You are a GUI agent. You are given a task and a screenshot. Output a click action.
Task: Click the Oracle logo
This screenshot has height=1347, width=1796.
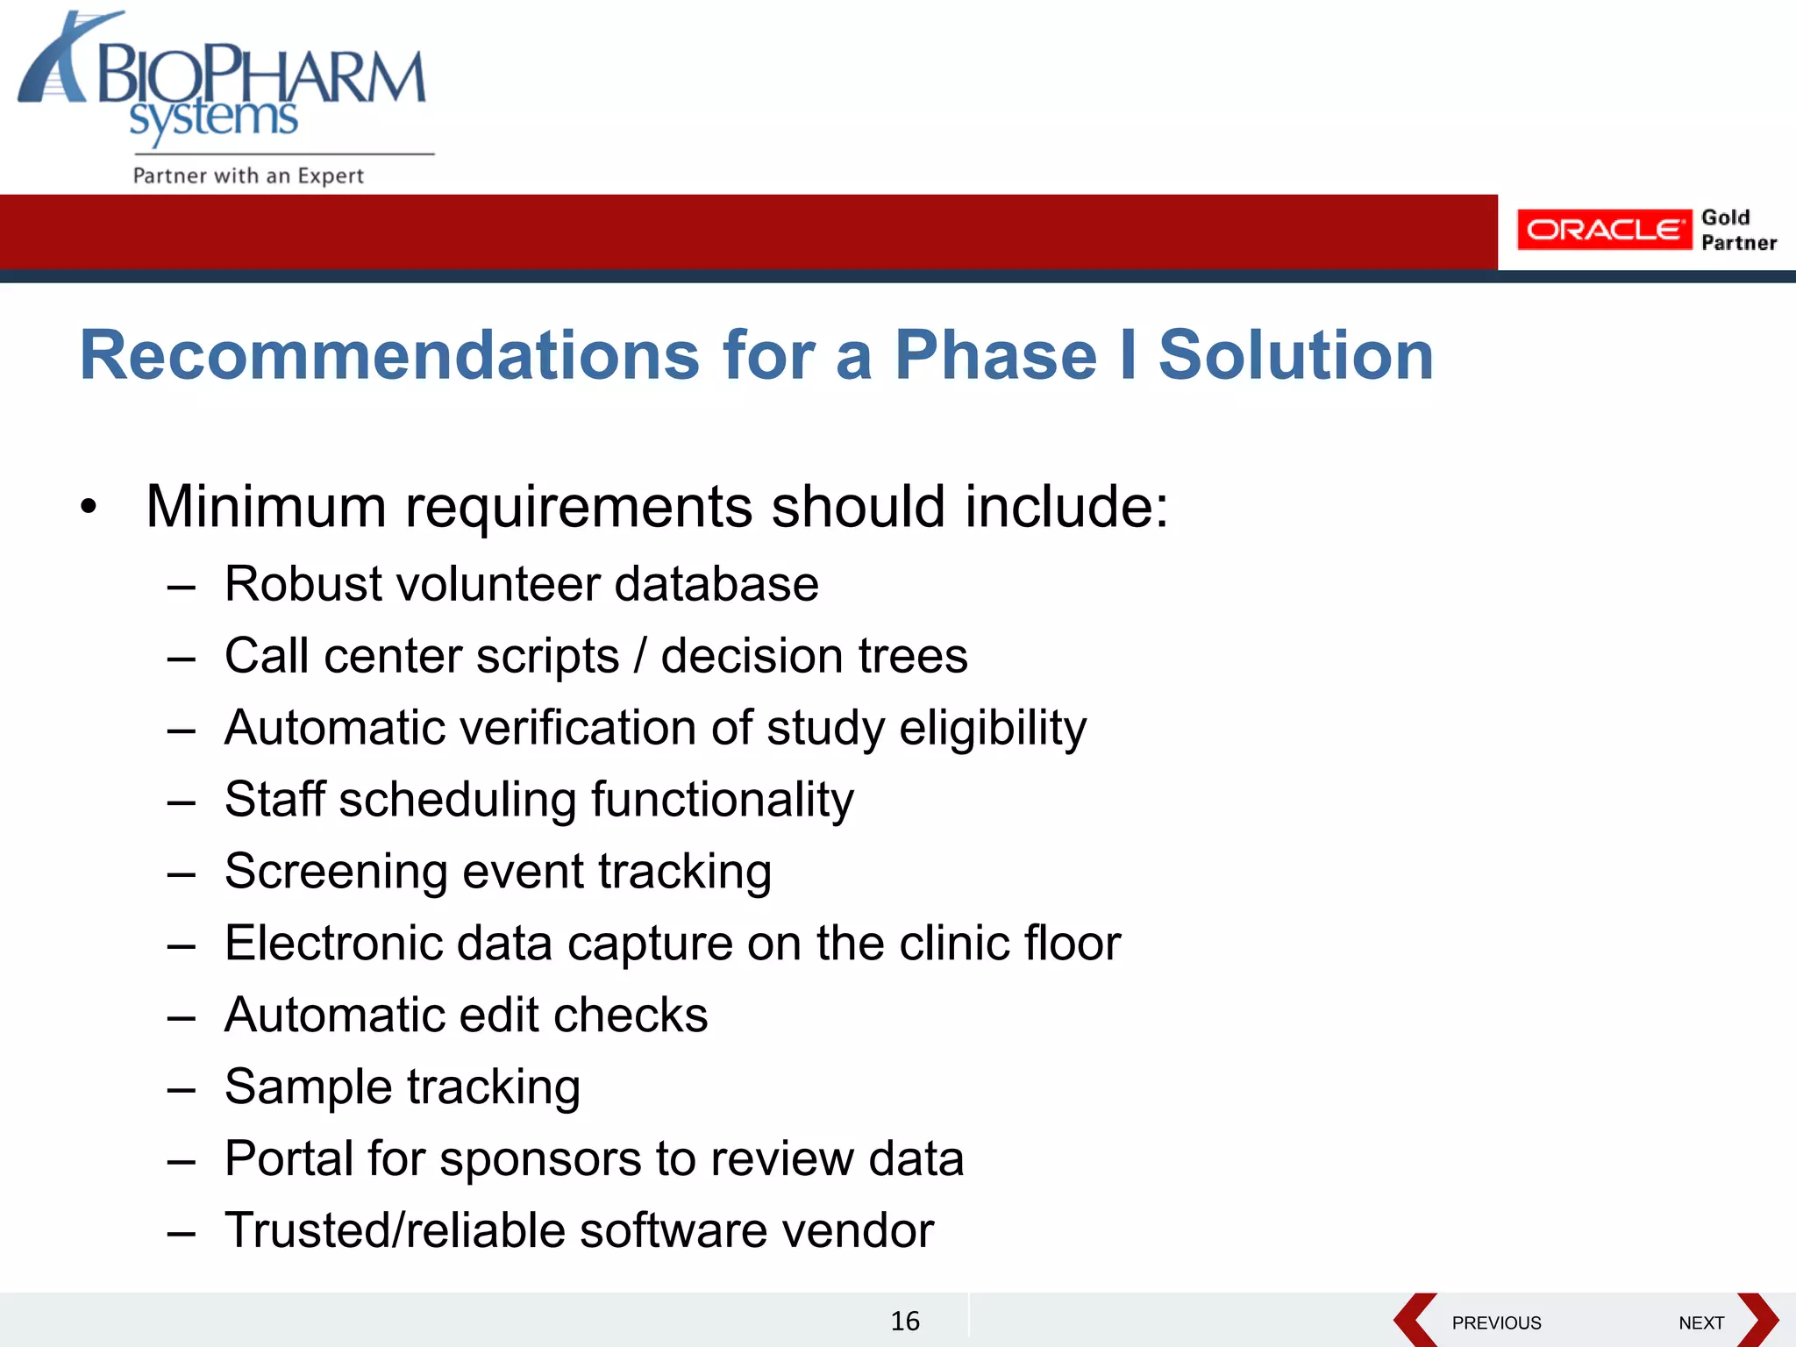pos(1603,230)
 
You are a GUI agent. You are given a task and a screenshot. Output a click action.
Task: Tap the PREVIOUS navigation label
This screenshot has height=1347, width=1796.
pos(1496,1322)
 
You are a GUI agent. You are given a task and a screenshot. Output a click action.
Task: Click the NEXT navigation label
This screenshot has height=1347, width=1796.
pos(1701,1322)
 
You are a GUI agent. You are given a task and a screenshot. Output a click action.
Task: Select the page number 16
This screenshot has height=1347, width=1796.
pos(905,1321)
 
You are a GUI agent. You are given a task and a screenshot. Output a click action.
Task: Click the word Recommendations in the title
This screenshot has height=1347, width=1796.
pos(389,355)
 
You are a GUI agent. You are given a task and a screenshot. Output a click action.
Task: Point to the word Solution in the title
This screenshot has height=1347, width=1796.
pos(1295,355)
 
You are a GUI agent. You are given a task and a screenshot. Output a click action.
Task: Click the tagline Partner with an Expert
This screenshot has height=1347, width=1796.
pos(248,175)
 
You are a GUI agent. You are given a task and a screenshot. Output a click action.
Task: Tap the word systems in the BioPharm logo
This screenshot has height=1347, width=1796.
pos(214,118)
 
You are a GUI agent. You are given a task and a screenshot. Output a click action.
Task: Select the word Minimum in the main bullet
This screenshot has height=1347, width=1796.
pos(266,507)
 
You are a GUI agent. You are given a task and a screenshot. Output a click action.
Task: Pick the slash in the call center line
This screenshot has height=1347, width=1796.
pos(640,656)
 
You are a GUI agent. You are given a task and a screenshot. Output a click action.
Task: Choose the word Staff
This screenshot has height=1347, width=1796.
pos(274,800)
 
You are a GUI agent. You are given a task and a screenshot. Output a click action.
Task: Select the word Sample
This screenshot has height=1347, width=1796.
pos(308,1087)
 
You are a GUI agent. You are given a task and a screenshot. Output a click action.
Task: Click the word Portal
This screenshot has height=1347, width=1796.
pos(289,1158)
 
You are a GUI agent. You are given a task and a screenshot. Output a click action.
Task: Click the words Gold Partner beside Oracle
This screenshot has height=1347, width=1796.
pos(1737,230)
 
